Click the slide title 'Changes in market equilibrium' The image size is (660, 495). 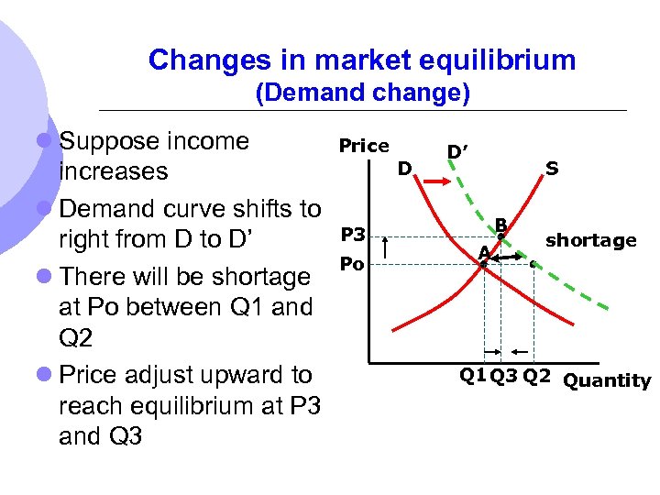[x=362, y=60]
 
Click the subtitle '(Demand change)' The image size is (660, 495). [x=362, y=93]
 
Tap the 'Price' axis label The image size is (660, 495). [x=364, y=146]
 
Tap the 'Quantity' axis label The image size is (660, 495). [x=607, y=380]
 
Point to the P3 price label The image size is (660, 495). [x=353, y=235]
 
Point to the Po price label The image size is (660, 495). [x=352, y=264]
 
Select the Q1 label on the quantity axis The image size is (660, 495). [x=473, y=374]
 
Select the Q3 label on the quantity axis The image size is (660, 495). [x=503, y=374]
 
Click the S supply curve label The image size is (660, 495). [x=552, y=169]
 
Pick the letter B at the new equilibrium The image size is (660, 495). [x=501, y=223]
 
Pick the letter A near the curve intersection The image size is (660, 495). [x=482, y=251]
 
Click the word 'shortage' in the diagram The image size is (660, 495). [x=590, y=240]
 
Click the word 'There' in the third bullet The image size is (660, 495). [x=97, y=276]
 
